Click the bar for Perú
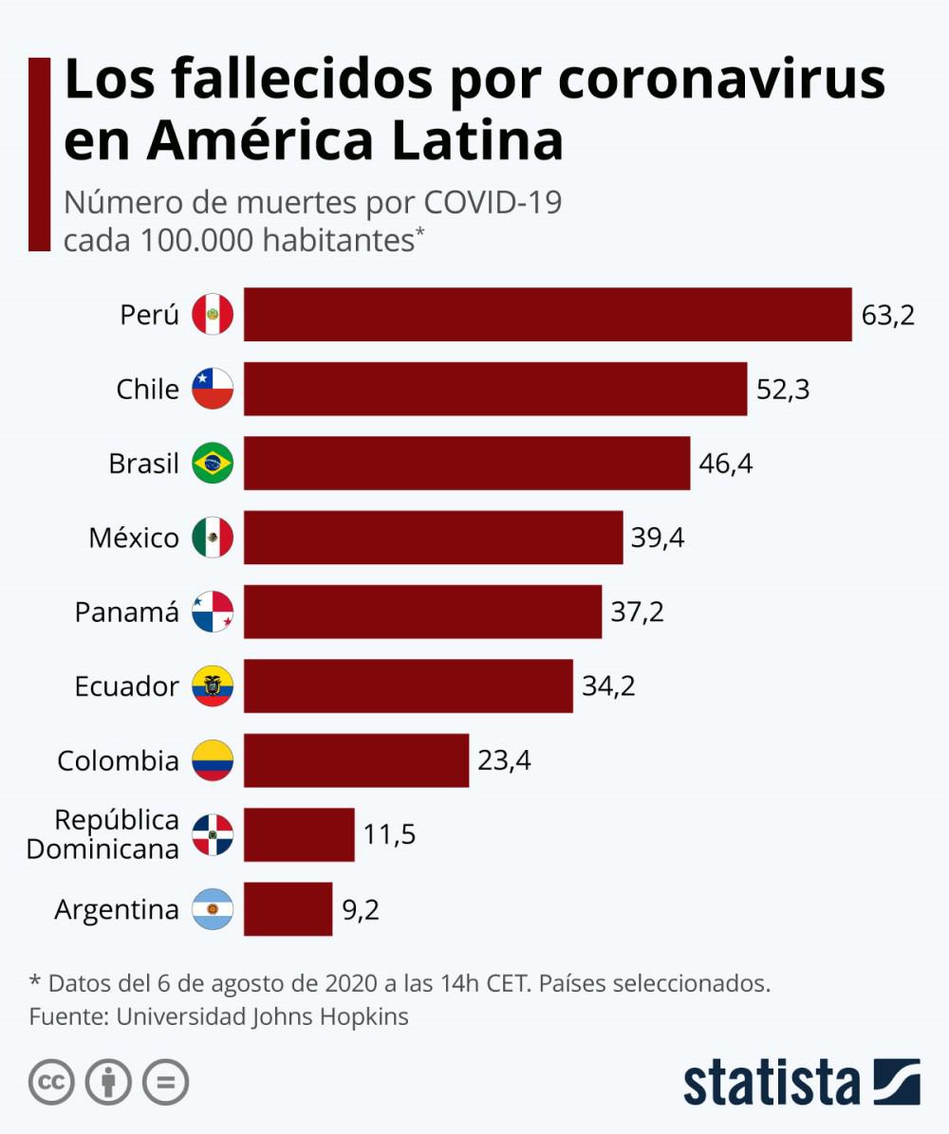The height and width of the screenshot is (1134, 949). pyautogui.click(x=548, y=314)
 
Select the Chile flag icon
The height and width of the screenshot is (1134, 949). pyautogui.click(x=213, y=389)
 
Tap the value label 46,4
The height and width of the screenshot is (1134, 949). pyautogui.click(x=726, y=464)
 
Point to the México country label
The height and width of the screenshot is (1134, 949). pyautogui.click(x=134, y=538)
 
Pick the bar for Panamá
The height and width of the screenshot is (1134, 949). pyautogui.click(x=422, y=612)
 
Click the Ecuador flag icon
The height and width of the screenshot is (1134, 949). pyautogui.click(x=213, y=686)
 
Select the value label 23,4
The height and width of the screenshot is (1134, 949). pyautogui.click(x=504, y=760)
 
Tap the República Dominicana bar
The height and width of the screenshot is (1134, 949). pyautogui.click(x=299, y=834)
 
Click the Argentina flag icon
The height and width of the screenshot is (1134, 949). pyautogui.click(x=213, y=909)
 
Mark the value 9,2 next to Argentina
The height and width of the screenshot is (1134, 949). pyautogui.click(x=361, y=909)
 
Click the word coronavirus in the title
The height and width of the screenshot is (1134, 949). pyautogui.click(x=721, y=82)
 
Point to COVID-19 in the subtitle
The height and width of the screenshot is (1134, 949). pyautogui.click(x=493, y=202)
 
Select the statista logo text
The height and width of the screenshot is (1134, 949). pyautogui.click(x=771, y=1081)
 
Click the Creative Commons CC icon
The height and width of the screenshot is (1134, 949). pyautogui.click(x=52, y=1082)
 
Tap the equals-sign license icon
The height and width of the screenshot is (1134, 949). pyautogui.click(x=165, y=1082)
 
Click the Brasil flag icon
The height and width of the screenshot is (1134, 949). pyautogui.click(x=213, y=464)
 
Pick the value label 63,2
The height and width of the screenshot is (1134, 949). pyautogui.click(x=887, y=314)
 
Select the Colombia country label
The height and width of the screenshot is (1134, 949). pyautogui.click(x=118, y=760)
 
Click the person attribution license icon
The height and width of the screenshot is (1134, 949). pyautogui.click(x=109, y=1082)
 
